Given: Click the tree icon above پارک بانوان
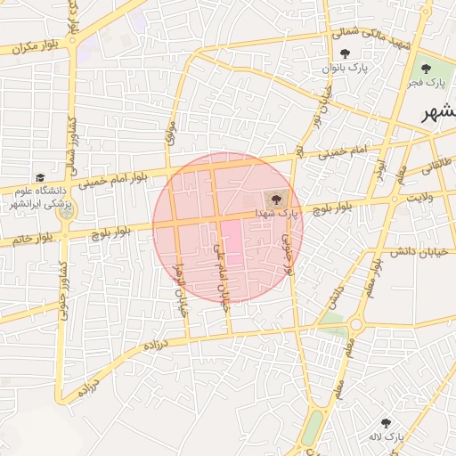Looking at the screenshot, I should (x=345, y=53).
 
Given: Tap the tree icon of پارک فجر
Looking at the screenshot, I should (x=423, y=68).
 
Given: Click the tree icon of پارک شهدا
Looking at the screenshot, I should (x=271, y=199).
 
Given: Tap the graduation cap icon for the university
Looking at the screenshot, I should (x=40, y=178).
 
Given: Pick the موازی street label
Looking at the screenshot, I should (x=171, y=134).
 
